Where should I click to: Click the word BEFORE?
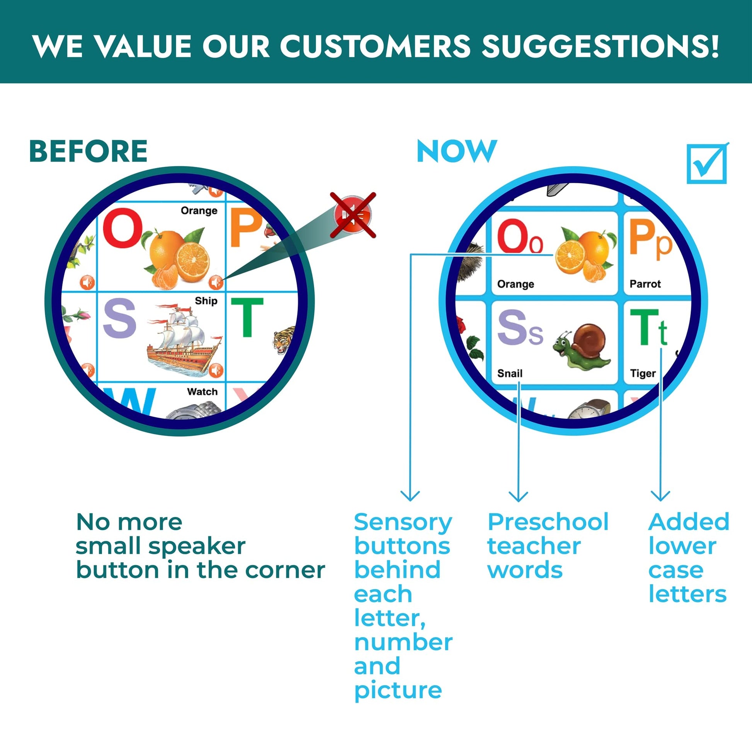[88, 151]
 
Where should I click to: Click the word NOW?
[457, 151]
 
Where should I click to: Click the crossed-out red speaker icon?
[353, 215]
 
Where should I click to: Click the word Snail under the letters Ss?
[509, 374]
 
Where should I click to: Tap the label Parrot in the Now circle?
[645, 284]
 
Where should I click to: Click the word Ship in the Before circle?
[206, 301]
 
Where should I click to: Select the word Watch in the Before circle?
[202, 391]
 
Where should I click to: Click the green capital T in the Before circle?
[247, 317]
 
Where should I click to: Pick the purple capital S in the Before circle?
[119, 318]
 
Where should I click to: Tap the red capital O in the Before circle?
[122, 228]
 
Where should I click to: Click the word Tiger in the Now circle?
[643, 374]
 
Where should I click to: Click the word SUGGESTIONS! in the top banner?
[600, 46]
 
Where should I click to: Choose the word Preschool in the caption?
[548, 522]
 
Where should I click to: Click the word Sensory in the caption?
[403, 523]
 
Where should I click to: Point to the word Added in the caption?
[689, 522]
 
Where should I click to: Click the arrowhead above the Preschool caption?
[519, 496]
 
